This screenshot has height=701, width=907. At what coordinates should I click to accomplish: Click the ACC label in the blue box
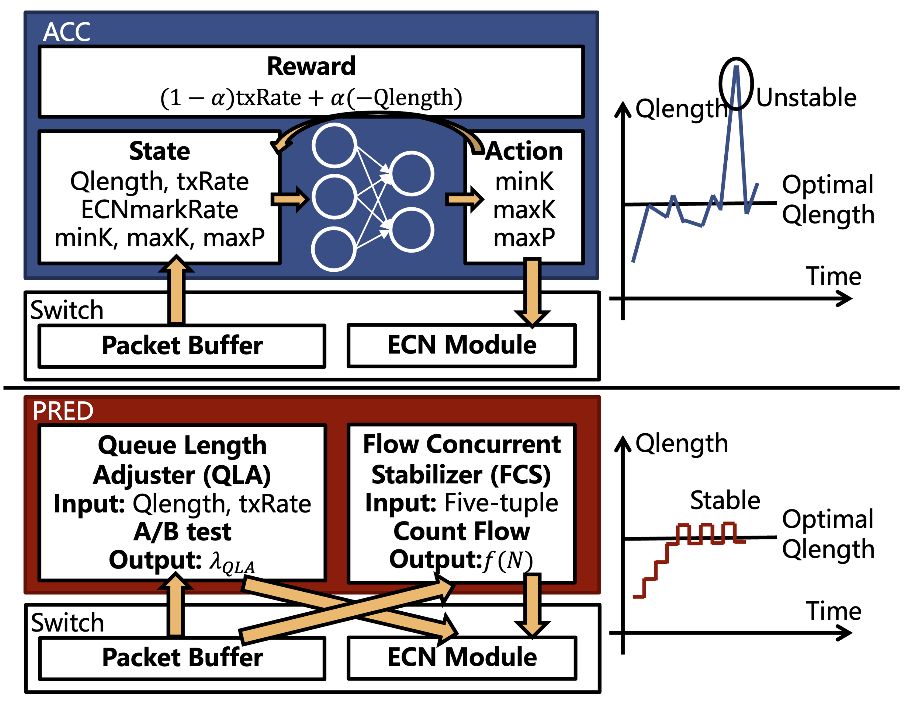(66, 32)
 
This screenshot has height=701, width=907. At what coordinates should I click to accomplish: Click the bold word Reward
(311, 66)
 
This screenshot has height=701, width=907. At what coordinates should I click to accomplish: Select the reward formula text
(311, 98)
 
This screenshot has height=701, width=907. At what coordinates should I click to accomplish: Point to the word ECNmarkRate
(159, 210)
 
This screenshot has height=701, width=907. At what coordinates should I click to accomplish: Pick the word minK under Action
(524, 182)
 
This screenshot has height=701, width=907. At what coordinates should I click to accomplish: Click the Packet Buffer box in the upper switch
(182, 346)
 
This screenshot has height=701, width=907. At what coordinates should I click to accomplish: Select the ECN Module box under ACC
(461, 345)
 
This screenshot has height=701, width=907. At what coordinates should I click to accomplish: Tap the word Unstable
(806, 98)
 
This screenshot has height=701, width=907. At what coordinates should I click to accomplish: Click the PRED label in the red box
(63, 411)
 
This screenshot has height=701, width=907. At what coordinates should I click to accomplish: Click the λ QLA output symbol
(232, 562)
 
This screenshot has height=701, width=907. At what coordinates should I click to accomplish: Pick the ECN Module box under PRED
(462, 657)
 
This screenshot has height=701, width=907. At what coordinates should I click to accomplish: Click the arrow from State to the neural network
(290, 199)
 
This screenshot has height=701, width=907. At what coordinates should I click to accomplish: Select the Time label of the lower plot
(834, 611)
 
